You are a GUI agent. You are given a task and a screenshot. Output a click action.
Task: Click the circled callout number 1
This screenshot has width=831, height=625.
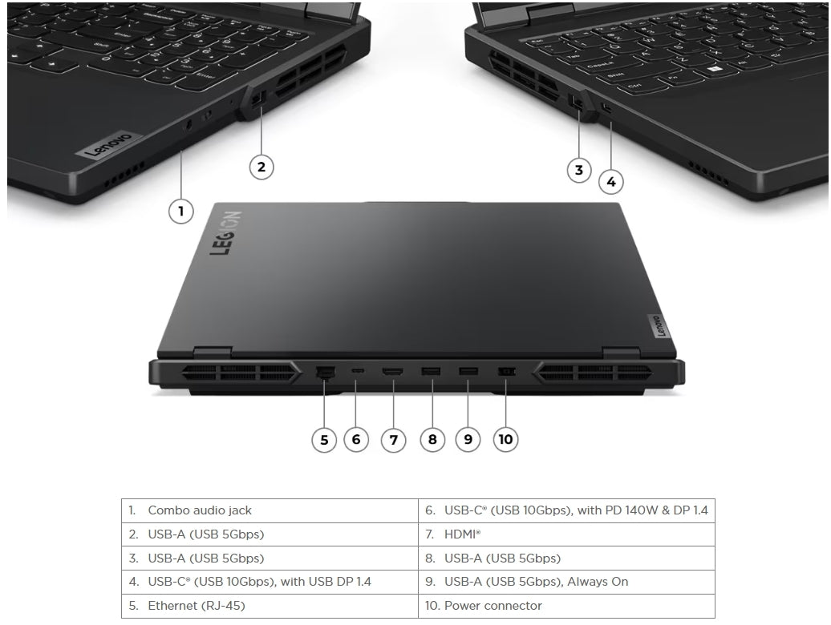pos(181,212)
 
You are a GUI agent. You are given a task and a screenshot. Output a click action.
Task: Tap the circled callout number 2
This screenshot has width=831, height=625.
pos(261,167)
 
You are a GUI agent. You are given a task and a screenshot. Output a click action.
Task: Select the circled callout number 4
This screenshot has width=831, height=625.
pos(611,182)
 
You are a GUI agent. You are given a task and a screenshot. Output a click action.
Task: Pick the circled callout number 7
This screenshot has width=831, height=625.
pos(393,439)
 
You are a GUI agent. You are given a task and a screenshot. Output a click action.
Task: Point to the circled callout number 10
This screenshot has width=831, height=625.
pos(505,439)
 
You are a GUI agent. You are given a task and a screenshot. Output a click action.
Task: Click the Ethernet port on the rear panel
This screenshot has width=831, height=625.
pos(325,373)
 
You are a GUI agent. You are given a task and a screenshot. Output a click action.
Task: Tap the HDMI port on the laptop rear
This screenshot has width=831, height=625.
pos(392,372)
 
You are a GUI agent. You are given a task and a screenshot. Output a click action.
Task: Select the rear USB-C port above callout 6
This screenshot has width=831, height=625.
pos(356,372)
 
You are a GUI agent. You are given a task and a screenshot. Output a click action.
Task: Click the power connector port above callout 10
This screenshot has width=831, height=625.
pos(506,372)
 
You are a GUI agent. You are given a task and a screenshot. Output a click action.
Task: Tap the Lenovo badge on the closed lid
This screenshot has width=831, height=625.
pos(656,325)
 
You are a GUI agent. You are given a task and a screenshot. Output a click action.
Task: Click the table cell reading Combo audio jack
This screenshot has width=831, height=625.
pos(200,510)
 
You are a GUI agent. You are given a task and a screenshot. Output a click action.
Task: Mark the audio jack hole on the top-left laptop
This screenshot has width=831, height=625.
pos(188,123)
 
